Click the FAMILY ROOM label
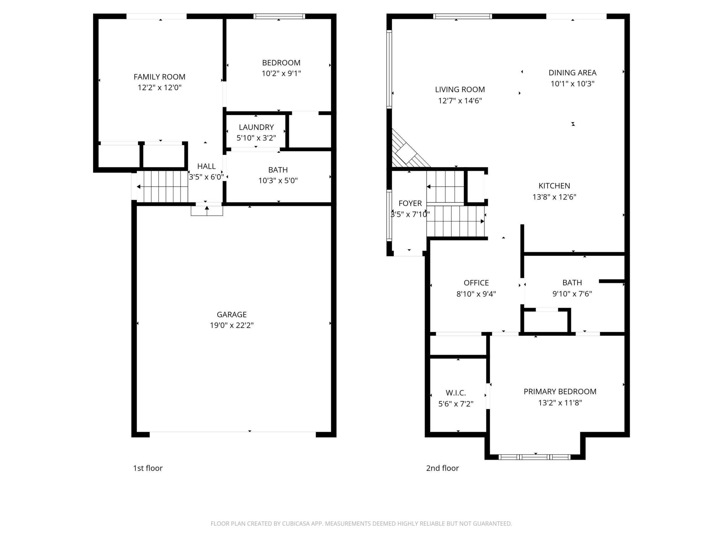pyautogui.click(x=160, y=77)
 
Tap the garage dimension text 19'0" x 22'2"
pyautogui.click(x=232, y=325)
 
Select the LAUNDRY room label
pyautogui.click(x=256, y=127)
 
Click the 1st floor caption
pyautogui.click(x=148, y=468)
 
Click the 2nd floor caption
pyautogui.click(x=443, y=468)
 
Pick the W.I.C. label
pyautogui.click(x=456, y=393)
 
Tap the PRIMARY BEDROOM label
pyautogui.click(x=560, y=391)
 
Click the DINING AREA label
pyautogui.click(x=573, y=73)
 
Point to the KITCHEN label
pyautogui.click(x=554, y=186)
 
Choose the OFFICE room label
pyautogui.click(x=476, y=283)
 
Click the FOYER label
pyautogui.click(x=410, y=203)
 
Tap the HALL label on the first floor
pyautogui.click(x=207, y=166)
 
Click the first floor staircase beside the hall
pyautogui.click(x=162, y=186)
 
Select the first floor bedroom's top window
pyautogui.click(x=279, y=16)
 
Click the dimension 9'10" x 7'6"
pyautogui.click(x=572, y=294)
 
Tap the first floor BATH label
pyautogui.click(x=278, y=170)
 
